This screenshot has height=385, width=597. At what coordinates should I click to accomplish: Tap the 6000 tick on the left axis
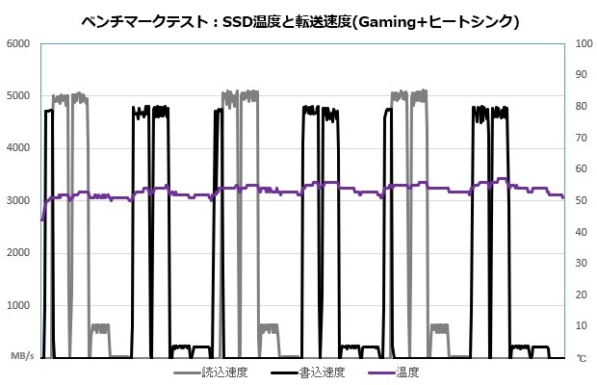coord(19,44)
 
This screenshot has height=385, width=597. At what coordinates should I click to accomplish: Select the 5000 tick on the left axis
coord(19,96)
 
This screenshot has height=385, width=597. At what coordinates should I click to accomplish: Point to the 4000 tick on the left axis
coord(19,148)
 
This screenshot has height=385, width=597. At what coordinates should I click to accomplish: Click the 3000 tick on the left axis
coord(19,200)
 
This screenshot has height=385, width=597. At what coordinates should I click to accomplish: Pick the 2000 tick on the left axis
coord(19,252)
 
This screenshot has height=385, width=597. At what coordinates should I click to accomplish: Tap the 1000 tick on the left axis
coord(19,304)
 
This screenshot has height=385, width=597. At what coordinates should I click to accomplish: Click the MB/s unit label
coord(22,356)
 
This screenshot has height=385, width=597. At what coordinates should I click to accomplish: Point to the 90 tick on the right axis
coord(581,75)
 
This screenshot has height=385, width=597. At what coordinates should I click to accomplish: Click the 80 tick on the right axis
coord(581,107)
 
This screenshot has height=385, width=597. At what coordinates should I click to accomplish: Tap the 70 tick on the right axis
coord(581,138)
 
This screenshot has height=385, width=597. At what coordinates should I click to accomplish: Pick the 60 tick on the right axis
coord(581,169)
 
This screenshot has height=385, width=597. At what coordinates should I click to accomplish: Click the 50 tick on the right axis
coord(581,200)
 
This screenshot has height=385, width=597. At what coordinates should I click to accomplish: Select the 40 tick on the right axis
coord(581,232)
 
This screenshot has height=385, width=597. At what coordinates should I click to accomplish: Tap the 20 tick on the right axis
coord(581,295)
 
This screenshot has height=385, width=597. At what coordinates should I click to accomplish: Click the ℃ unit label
coord(582,357)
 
